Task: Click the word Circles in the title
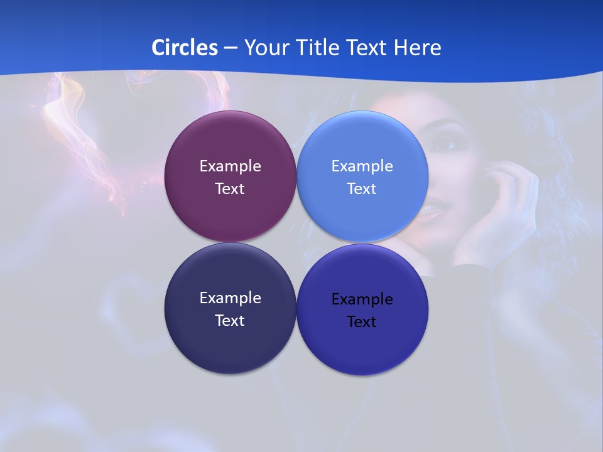point(184,47)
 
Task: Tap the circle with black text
point(362,345)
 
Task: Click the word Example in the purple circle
point(230,166)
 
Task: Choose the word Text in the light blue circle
point(362,188)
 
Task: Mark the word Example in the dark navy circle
point(230,298)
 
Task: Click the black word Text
point(362,321)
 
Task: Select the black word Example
point(362,299)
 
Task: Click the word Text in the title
point(368,47)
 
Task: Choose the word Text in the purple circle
point(230,188)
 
